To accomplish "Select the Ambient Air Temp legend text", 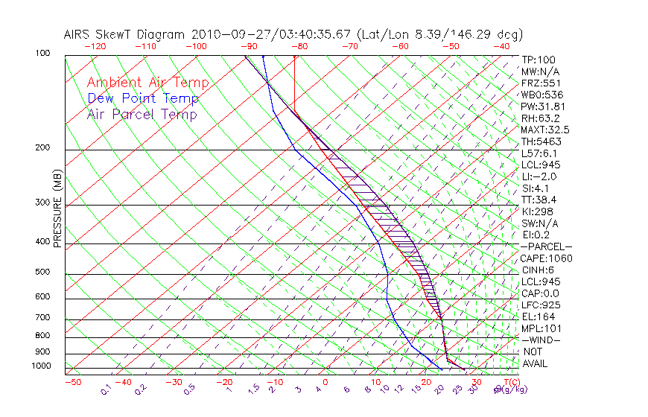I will coord(148,83).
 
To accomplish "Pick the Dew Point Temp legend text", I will coord(143,99).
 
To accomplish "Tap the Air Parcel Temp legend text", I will coord(142,115).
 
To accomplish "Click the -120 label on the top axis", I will coord(95,46).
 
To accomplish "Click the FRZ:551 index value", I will coord(539,83).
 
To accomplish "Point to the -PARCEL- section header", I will coord(546,246).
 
